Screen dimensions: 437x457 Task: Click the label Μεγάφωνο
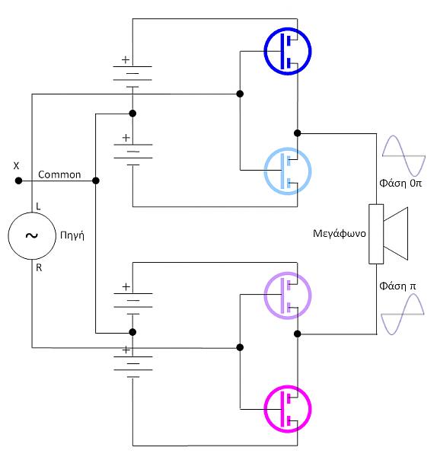coord(340,234)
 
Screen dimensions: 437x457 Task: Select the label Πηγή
coord(72,235)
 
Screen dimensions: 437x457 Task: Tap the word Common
coord(59,174)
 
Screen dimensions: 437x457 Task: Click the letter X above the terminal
coord(16,166)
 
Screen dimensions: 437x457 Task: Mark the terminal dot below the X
coord(18,181)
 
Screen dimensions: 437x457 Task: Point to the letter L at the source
coord(38,206)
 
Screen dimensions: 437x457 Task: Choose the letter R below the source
coord(39,267)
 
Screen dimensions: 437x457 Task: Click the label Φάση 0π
coord(400,184)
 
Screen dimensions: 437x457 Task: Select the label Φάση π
coord(397,286)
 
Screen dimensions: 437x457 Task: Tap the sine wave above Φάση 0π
coord(404,156)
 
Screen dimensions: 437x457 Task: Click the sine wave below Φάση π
coord(403,314)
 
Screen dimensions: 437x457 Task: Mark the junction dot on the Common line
coord(96,181)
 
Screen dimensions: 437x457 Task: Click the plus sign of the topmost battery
coord(126,59)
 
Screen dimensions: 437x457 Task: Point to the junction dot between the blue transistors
coord(298,133)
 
